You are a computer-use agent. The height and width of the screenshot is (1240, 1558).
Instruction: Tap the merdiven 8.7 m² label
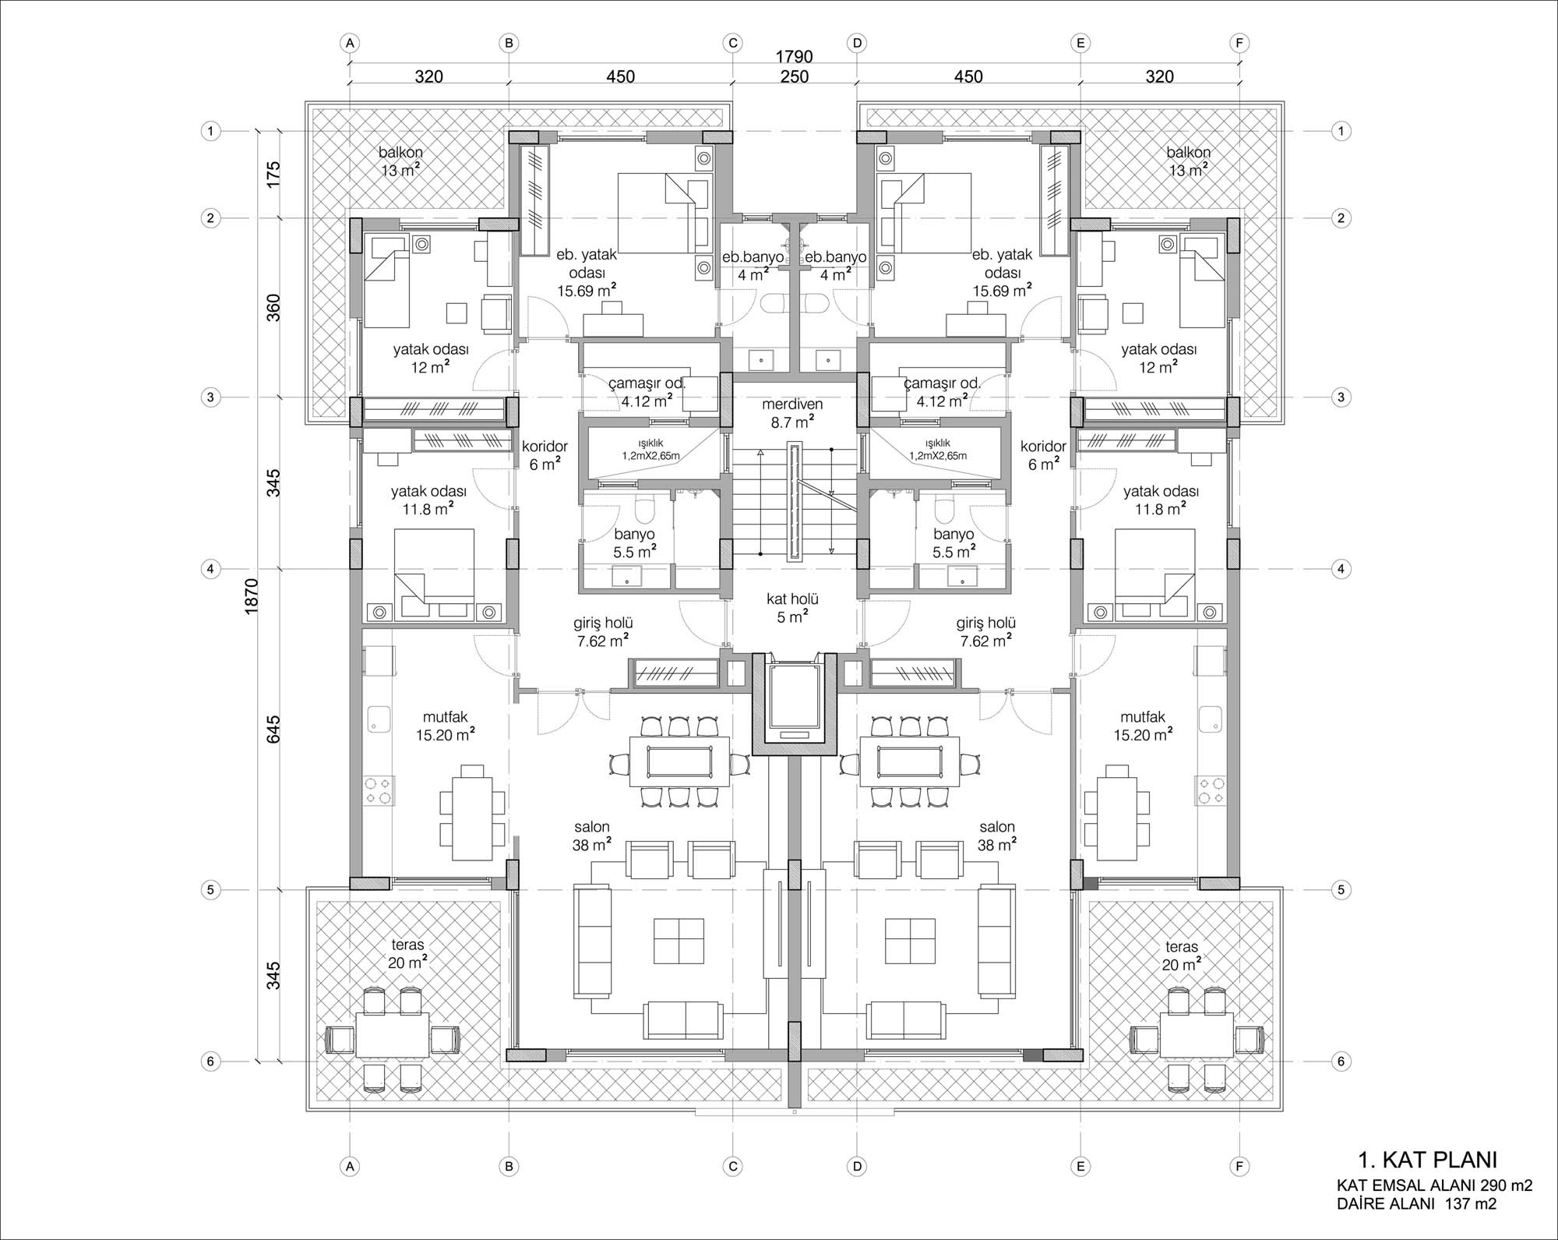(792, 413)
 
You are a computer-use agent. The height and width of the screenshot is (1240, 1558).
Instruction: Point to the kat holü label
(792, 599)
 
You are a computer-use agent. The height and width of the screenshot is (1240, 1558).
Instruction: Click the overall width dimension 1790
(794, 57)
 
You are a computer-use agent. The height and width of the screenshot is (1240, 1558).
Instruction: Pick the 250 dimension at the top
(794, 77)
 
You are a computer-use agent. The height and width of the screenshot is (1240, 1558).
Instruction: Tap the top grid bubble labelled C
(733, 44)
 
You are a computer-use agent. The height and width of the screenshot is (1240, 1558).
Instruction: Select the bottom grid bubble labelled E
(1080, 1189)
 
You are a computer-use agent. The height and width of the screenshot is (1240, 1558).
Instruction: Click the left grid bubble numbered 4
(210, 570)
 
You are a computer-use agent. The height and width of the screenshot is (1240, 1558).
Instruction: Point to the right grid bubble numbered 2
(1341, 218)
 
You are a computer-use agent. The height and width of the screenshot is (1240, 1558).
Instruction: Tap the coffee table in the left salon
(679, 941)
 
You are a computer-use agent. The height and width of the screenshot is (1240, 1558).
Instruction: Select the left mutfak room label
(446, 726)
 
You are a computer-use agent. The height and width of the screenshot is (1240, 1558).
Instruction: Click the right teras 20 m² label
(1182, 955)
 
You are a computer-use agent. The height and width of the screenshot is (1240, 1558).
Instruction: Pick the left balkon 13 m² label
(400, 161)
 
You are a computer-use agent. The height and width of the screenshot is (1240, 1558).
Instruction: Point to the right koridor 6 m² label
(1043, 455)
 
